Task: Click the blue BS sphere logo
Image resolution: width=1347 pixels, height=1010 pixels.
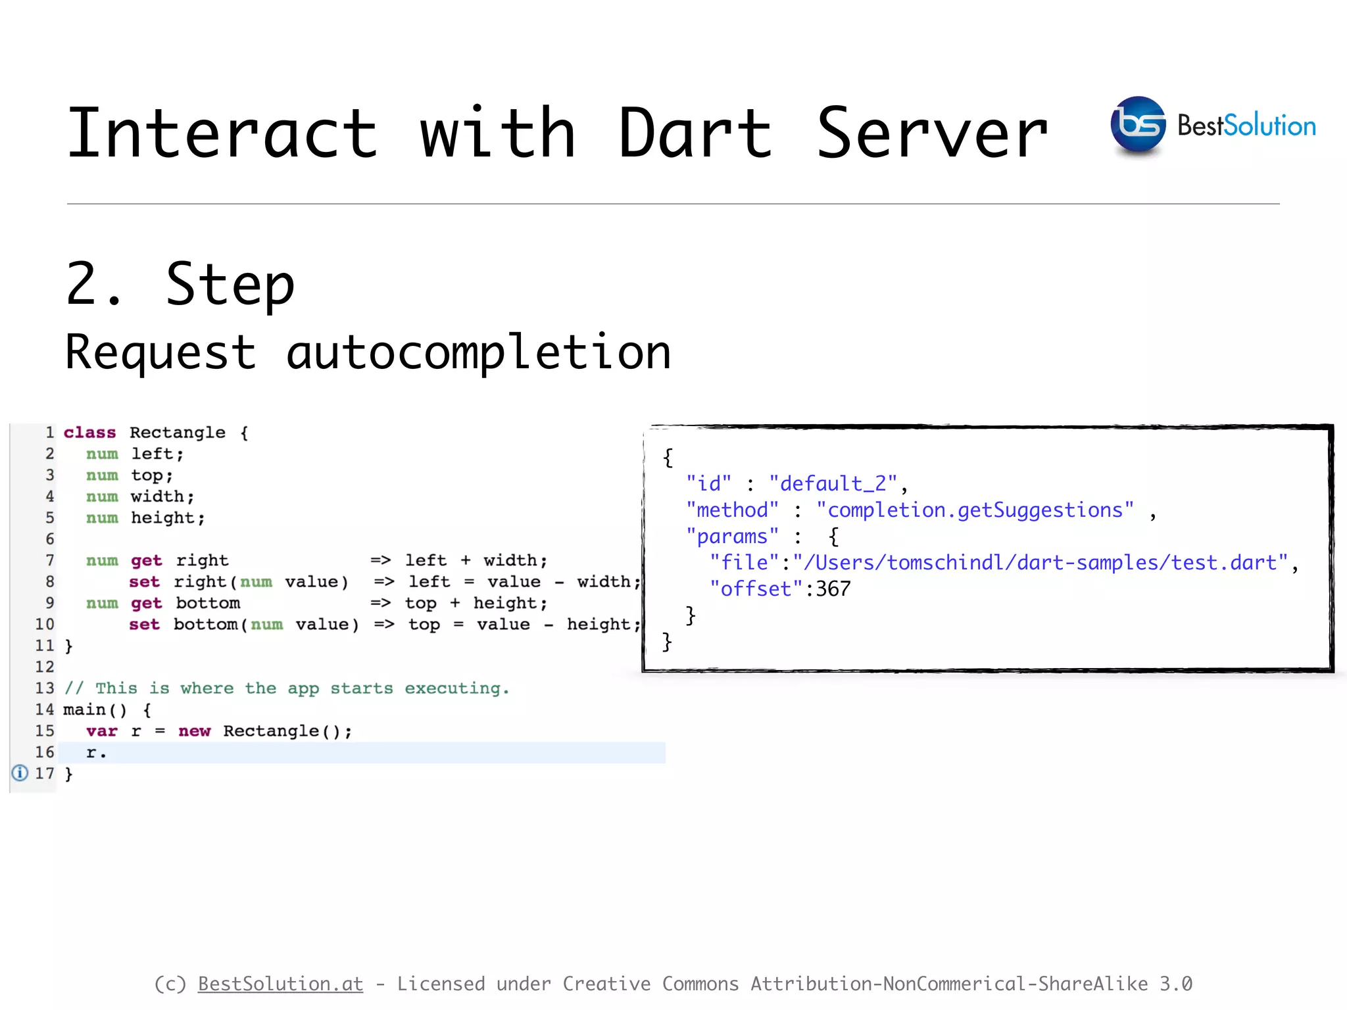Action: click(1137, 125)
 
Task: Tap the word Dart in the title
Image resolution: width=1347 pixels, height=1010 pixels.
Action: click(695, 134)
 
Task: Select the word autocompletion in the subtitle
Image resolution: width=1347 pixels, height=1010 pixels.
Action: click(479, 353)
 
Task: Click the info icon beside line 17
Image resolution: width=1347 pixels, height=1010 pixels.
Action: click(20, 773)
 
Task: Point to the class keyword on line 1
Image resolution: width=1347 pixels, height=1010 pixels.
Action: click(89, 433)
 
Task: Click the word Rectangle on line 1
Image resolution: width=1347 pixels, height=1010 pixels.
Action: click(178, 433)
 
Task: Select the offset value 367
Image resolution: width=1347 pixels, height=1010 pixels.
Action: click(833, 589)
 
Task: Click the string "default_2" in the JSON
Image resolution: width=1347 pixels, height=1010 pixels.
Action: click(833, 484)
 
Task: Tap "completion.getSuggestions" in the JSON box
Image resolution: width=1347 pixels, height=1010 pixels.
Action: click(975, 510)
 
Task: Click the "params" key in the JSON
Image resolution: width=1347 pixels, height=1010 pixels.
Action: click(732, 537)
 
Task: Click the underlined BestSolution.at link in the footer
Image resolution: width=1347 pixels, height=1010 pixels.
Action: click(280, 984)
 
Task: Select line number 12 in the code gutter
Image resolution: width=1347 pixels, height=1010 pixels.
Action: click(45, 667)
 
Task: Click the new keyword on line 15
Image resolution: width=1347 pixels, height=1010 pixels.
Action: click(194, 731)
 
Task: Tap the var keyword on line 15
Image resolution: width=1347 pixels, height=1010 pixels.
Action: click(102, 731)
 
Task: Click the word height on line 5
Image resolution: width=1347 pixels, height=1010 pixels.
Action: click(163, 518)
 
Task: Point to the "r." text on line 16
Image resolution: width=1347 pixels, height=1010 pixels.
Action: click(96, 752)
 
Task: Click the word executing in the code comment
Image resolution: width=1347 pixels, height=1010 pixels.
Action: click(456, 688)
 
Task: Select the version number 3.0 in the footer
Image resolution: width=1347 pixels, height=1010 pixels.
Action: click(1175, 984)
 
